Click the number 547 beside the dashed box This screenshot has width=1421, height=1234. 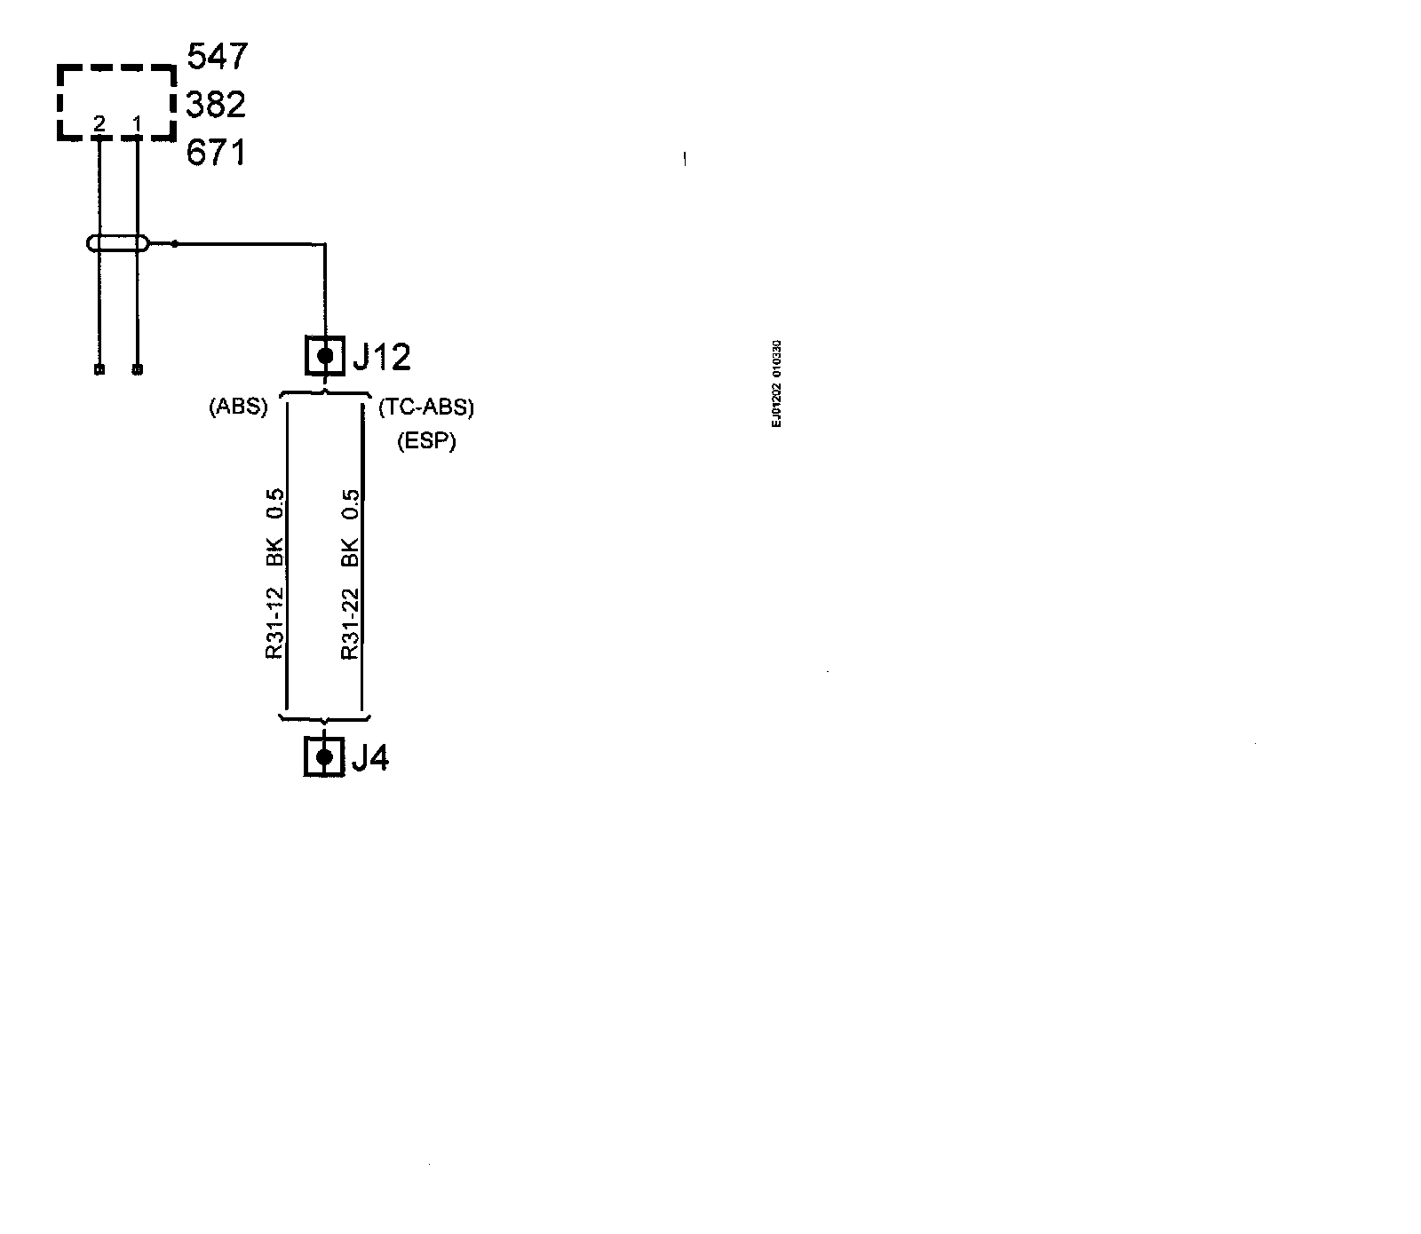click(218, 57)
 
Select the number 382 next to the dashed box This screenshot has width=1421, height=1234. click(216, 105)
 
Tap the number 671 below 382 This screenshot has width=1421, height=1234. click(216, 153)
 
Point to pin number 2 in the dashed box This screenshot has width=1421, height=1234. click(99, 125)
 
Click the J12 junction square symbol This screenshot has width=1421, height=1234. click(325, 356)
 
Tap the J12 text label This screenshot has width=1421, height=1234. click(382, 357)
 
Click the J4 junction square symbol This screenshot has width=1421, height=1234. click(324, 757)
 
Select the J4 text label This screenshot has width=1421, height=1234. click(370, 758)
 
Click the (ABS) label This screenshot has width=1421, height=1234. click(238, 407)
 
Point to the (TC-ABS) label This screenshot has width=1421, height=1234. click(426, 407)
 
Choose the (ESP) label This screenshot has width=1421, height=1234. click(426, 441)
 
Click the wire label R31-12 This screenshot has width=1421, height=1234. click(274, 623)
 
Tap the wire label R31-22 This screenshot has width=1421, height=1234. click(350, 623)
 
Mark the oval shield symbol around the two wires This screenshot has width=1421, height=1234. click(117, 243)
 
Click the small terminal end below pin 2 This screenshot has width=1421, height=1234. click(99, 369)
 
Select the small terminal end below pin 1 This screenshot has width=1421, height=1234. click(137, 369)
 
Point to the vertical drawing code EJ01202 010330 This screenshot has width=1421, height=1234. click(776, 384)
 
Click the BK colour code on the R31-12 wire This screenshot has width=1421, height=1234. click(274, 551)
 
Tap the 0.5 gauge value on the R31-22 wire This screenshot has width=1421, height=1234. click(350, 504)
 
